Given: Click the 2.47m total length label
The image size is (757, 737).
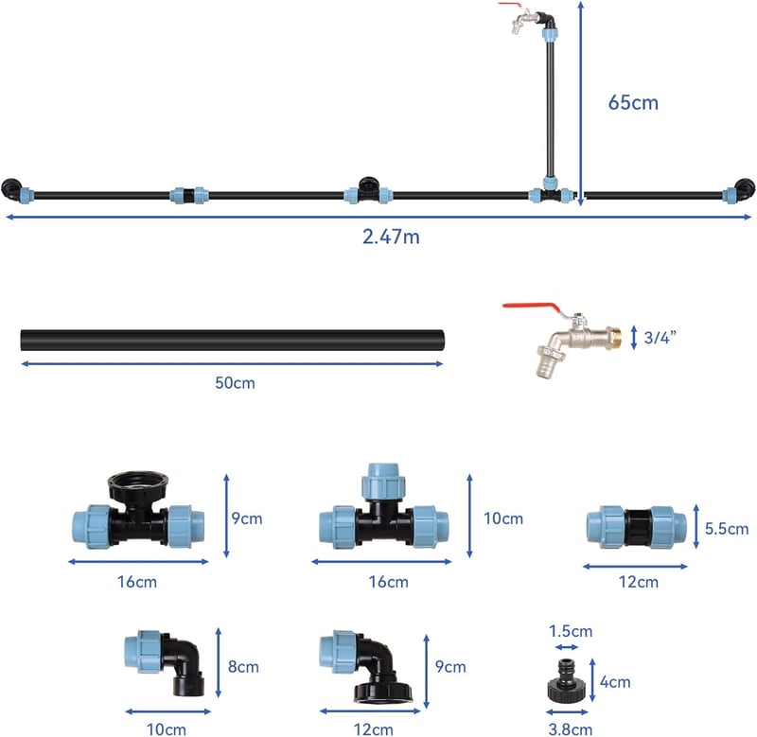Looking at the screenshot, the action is [391, 237].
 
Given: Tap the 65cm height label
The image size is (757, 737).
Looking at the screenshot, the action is [633, 102].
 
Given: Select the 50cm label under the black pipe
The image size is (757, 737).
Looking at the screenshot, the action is [235, 383].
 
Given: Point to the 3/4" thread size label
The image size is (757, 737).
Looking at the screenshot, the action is [660, 338].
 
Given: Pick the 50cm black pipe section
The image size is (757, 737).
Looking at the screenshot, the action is [232, 341].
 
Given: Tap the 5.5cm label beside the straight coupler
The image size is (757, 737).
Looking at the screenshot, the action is [727, 529].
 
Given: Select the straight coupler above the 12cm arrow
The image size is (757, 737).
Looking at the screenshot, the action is [637, 527].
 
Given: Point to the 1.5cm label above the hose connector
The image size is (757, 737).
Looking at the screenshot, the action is [571, 631].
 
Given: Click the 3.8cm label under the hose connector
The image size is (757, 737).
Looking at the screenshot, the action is [571, 728].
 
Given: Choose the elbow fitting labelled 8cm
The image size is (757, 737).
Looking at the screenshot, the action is [164, 662].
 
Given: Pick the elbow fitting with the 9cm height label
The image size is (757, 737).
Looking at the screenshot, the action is [366, 667].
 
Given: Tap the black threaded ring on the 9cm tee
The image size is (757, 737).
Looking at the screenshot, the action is [137, 484].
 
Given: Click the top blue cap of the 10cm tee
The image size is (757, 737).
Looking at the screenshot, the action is [383, 481].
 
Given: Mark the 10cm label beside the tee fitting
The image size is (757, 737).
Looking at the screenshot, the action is [503, 518].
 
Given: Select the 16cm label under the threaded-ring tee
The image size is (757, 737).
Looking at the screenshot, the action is [137, 582].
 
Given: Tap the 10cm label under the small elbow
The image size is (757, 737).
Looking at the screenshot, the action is [167, 728].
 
